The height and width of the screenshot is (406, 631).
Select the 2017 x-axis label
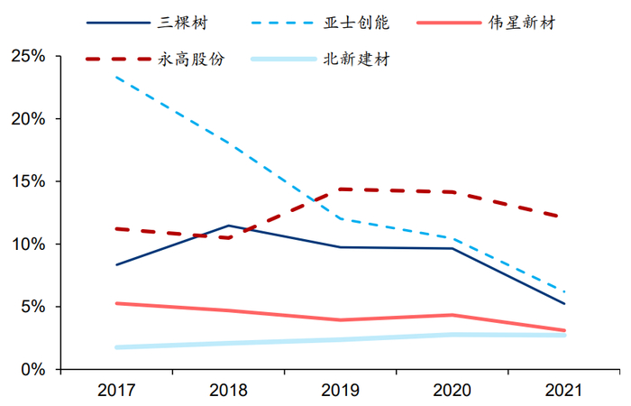click(116, 392)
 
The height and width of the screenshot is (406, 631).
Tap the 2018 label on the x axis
click(228, 392)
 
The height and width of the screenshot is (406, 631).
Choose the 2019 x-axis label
click(340, 392)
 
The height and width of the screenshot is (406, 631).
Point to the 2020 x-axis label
click(453, 392)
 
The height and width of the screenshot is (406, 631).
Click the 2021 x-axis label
click(564, 392)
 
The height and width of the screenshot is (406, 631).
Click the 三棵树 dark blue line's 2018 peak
click(229, 226)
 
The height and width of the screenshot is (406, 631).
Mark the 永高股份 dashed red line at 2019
click(340, 189)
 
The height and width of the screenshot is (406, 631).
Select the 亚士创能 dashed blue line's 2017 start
click(116, 78)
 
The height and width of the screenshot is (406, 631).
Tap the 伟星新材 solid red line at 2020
click(453, 315)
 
